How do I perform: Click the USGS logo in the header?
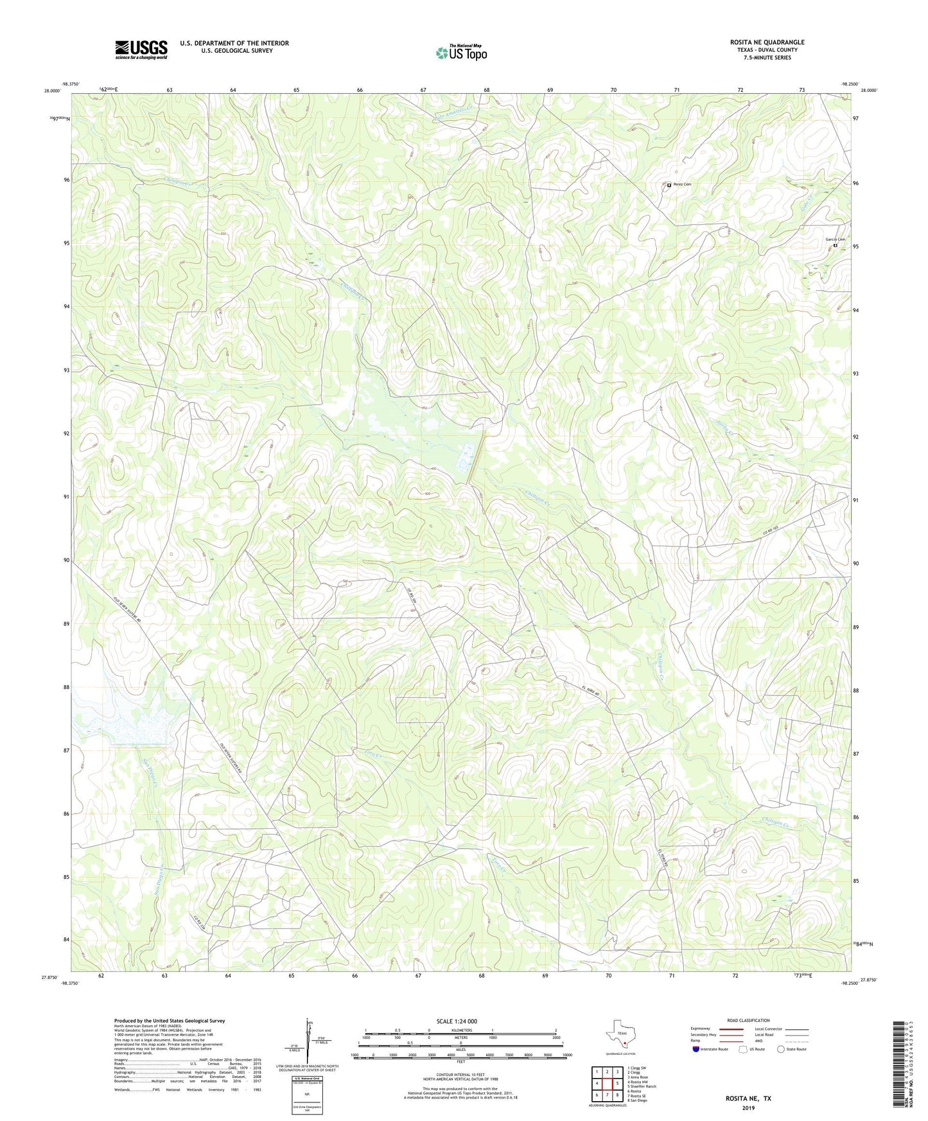pyautogui.click(x=141, y=49)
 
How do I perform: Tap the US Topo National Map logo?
pyautogui.click(x=461, y=52)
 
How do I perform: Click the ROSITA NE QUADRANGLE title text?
pyautogui.click(x=767, y=42)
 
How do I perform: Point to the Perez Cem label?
pyautogui.click(x=682, y=185)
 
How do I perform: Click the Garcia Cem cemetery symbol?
pyautogui.click(x=835, y=245)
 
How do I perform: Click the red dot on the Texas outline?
pyautogui.click(x=623, y=1043)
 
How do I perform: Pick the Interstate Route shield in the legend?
pyautogui.click(x=696, y=1049)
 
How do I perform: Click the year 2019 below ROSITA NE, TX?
pyautogui.click(x=748, y=1108)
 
